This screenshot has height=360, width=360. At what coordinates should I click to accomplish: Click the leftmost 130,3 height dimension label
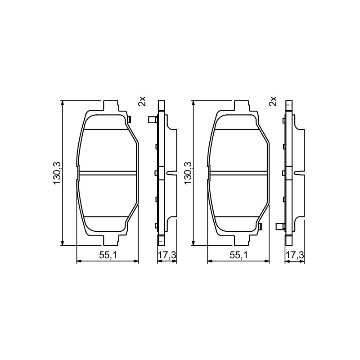57,173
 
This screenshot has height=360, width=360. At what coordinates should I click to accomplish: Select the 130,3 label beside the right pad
188,173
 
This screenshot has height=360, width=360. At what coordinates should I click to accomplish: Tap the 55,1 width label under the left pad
108,255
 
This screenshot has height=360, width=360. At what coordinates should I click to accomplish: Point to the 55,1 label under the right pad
239,255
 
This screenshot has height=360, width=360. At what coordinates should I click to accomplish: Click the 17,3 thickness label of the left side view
167,255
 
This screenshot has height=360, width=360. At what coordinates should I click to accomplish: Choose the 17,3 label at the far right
295,255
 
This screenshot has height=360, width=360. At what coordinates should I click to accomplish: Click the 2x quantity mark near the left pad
142,101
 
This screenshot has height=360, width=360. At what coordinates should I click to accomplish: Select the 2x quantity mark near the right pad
273,101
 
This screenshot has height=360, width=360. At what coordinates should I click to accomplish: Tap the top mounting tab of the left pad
111,106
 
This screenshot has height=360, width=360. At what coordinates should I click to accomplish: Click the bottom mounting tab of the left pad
111,240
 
